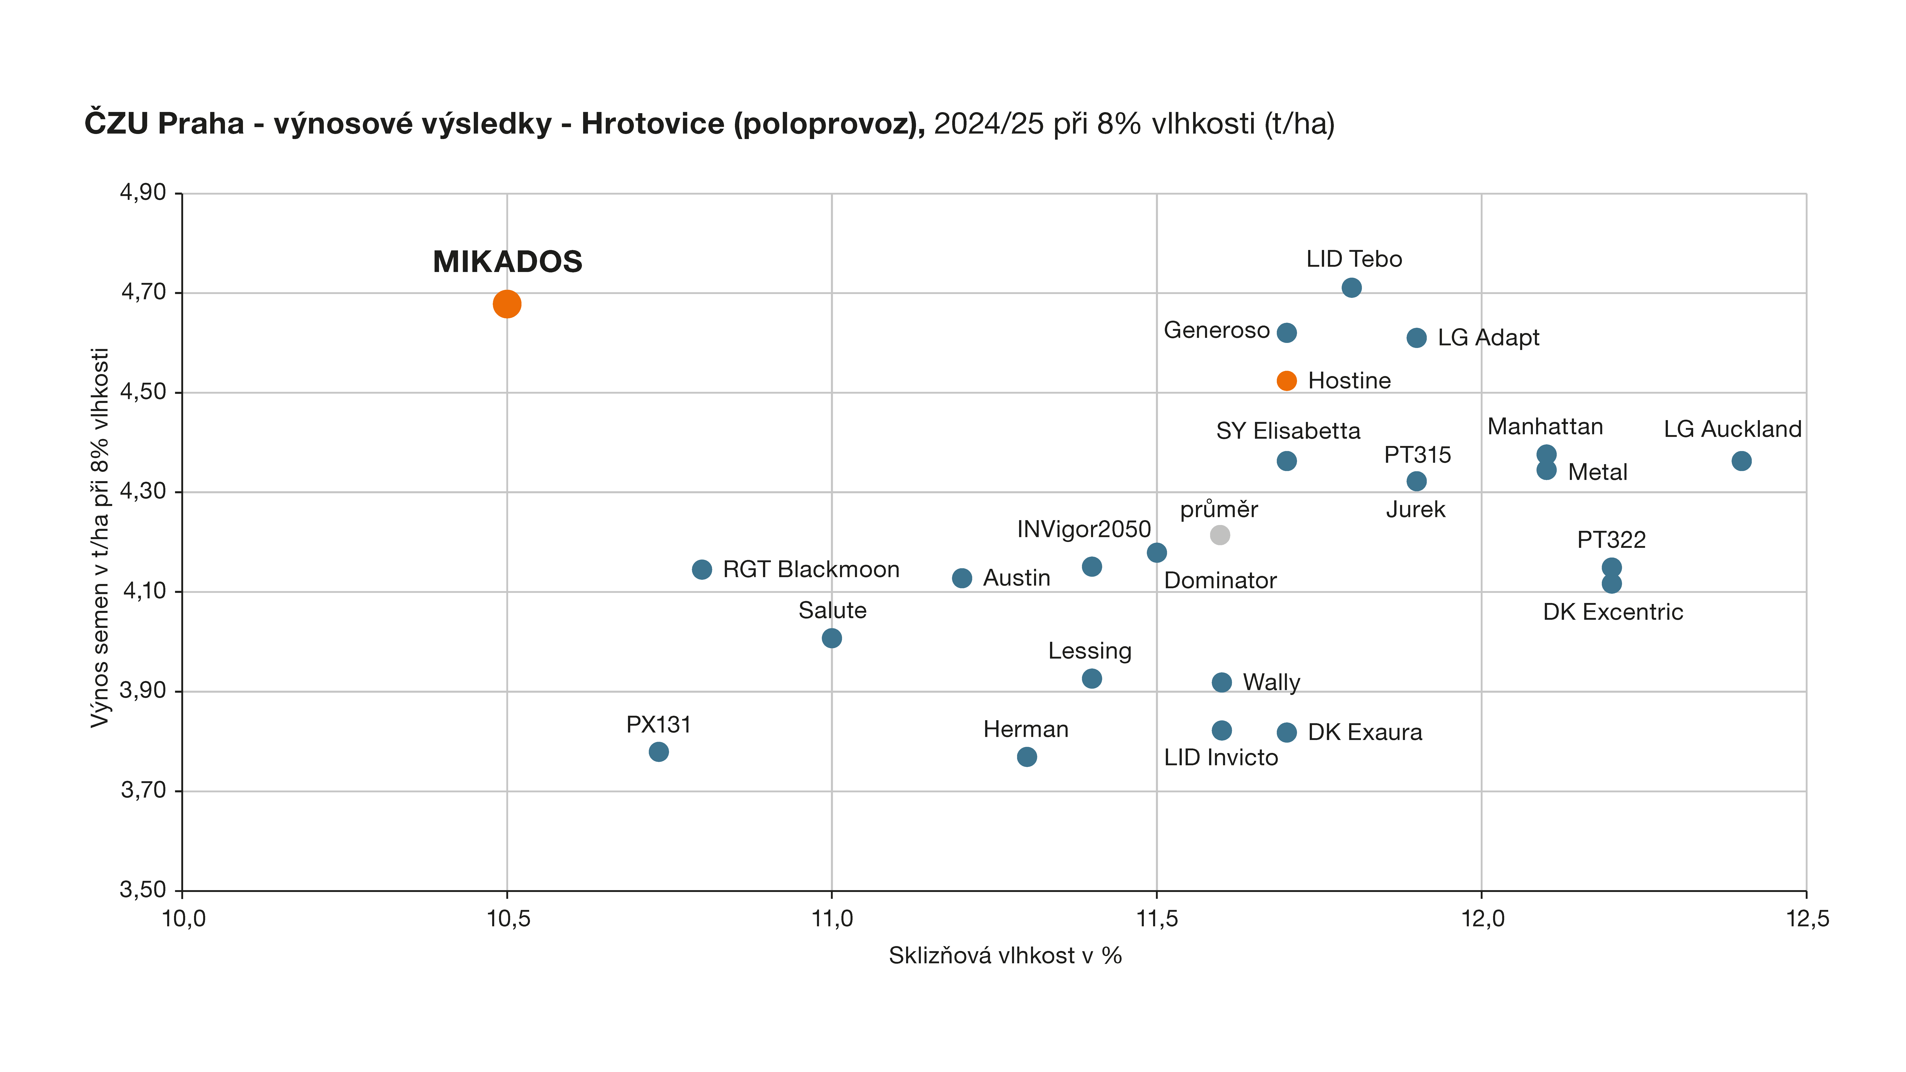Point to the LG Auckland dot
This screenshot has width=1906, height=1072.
point(1742,461)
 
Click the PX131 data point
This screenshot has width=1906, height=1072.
point(659,752)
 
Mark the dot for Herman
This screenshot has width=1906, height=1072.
point(1027,757)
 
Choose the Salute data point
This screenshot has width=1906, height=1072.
point(832,638)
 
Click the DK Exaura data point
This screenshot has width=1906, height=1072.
point(1287,733)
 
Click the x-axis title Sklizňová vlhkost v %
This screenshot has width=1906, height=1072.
point(1005,956)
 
